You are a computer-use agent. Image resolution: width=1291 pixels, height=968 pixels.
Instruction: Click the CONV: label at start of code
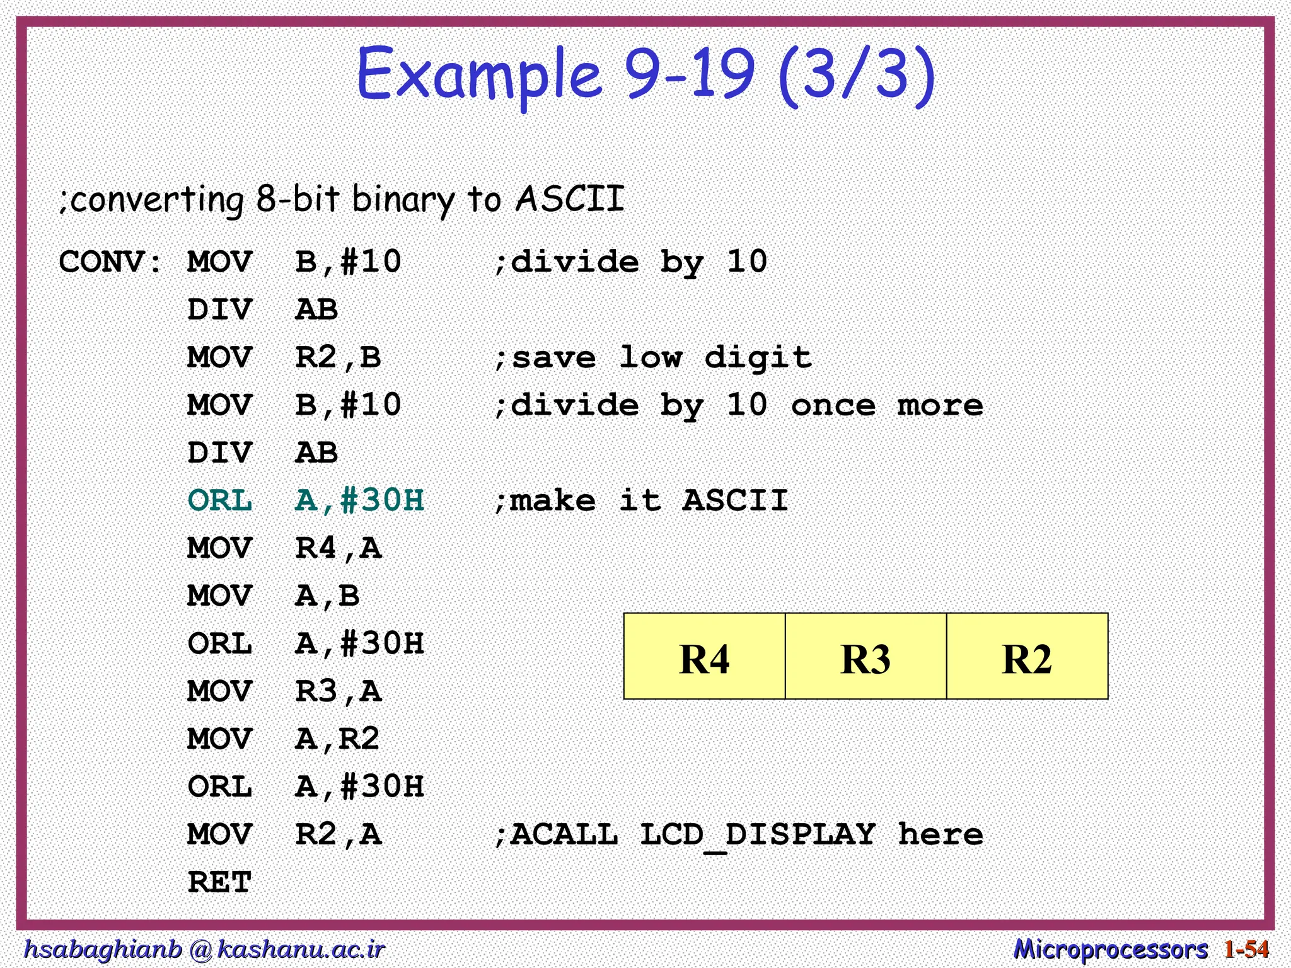click(111, 262)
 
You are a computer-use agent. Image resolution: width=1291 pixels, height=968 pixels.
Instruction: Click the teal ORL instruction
click(219, 500)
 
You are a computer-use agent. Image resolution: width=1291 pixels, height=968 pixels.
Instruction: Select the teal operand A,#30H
click(359, 500)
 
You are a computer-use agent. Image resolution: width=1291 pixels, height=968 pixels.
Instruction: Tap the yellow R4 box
click(704, 657)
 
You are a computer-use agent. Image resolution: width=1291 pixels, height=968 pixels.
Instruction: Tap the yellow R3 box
click(865, 657)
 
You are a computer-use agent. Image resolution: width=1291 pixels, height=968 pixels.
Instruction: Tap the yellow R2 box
click(1027, 657)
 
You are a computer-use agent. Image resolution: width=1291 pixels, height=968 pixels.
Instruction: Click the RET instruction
click(219, 882)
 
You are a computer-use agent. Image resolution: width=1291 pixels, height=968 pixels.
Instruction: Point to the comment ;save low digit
click(652, 357)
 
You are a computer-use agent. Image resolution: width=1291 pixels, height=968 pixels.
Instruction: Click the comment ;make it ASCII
click(640, 500)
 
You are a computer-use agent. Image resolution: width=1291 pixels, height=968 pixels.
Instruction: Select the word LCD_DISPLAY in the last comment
click(757, 835)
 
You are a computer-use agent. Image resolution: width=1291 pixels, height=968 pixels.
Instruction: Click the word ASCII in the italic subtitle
click(570, 199)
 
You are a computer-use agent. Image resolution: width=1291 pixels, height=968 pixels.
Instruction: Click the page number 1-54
click(1246, 949)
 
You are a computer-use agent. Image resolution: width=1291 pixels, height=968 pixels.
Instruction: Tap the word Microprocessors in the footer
click(1110, 949)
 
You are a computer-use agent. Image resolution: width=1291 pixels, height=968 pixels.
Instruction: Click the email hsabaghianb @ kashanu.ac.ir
click(204, 949)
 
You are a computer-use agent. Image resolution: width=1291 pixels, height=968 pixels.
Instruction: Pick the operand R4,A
click(339, 548)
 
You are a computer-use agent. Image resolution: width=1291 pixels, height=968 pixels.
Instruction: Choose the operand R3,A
click(339, 691)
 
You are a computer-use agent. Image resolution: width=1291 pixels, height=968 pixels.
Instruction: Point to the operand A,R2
click(337, 739)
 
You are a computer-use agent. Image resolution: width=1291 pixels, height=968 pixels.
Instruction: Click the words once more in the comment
click(886, 405)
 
